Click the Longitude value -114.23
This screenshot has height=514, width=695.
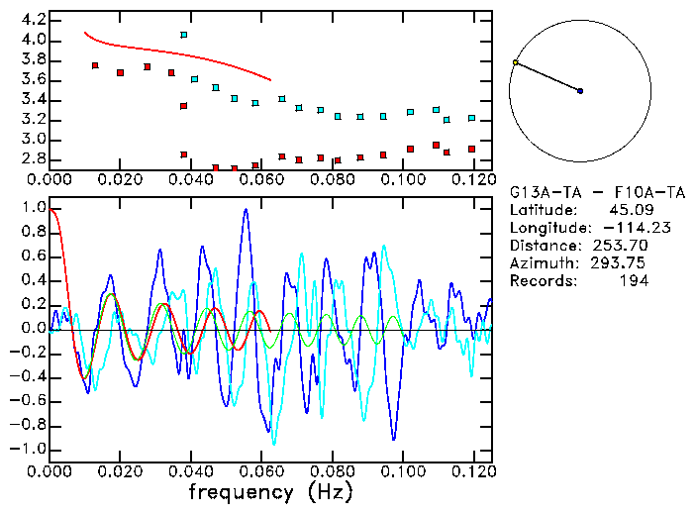(614, 228)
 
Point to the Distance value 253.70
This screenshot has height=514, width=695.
(621, 246)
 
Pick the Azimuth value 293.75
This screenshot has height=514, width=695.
(621, 263)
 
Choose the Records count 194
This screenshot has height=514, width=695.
(634, 281)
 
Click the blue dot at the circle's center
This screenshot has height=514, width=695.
(580, 91)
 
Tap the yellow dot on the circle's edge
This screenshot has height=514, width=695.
(516, 62)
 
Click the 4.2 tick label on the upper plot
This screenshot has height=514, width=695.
(32, 20)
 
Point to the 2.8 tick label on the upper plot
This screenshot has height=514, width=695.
(32, 158)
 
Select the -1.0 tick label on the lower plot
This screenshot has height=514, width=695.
(27, 449)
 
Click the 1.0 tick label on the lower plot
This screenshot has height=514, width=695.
(32, 209)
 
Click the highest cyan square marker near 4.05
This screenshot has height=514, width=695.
(183, 35)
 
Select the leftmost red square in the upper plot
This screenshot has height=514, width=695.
(95, 65)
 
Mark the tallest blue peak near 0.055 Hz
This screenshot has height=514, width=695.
(246, 211)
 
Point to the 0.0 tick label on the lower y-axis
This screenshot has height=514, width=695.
(32, 329)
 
